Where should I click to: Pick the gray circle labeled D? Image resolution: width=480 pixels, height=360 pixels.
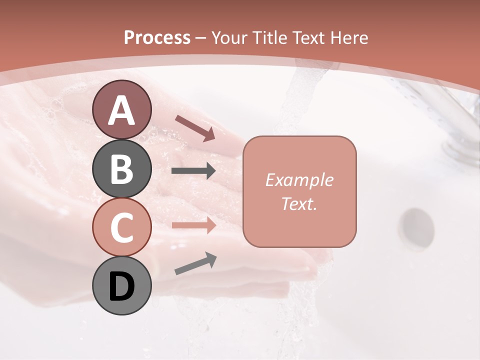tap(121, 285)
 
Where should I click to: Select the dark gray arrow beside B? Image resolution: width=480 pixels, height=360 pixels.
tap(194, 171)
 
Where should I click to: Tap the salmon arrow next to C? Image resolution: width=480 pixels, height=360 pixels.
tap(194, 225)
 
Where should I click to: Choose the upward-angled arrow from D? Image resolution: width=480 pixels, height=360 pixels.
tap(195, 264)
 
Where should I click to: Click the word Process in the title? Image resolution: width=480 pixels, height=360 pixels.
tap(157, 37)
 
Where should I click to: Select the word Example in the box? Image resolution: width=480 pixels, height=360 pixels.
tap(299, 180)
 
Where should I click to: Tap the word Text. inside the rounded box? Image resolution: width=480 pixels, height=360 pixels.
tap(299, 203)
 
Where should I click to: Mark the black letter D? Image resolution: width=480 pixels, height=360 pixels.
tap(121, 286)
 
